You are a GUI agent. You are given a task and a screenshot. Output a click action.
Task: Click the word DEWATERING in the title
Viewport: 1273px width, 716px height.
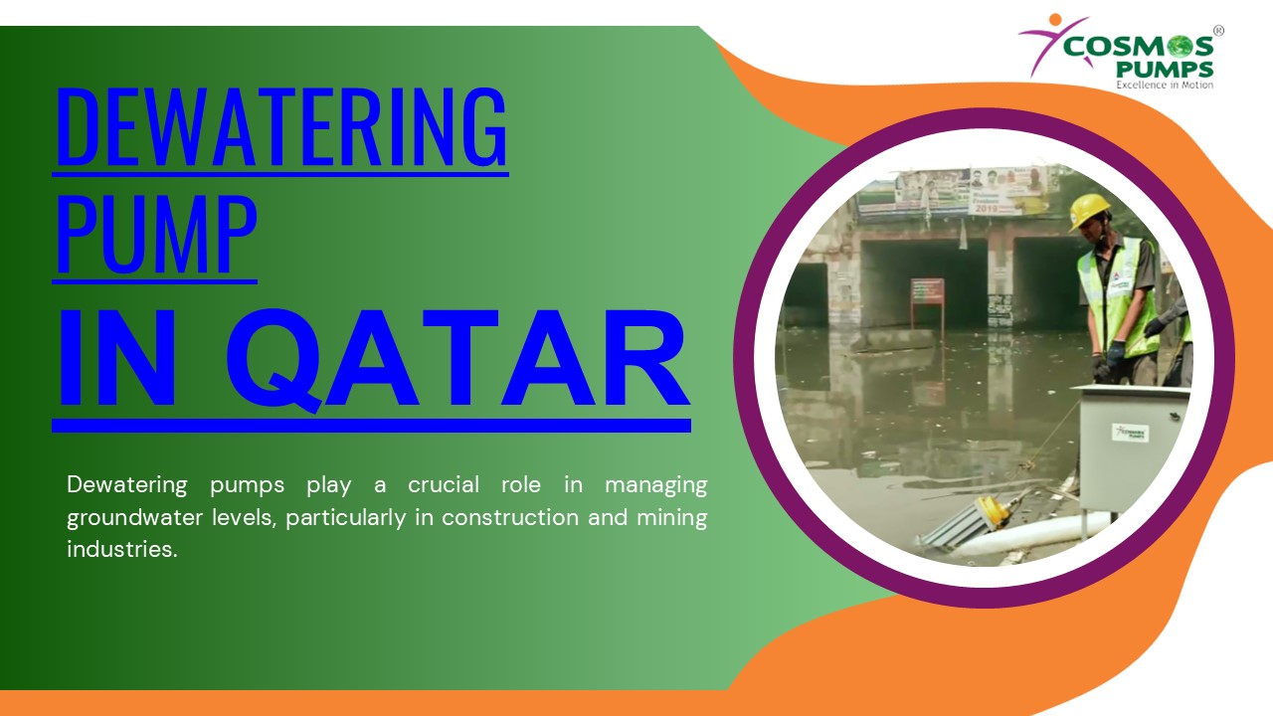pyautogui.click(x=280, y=127)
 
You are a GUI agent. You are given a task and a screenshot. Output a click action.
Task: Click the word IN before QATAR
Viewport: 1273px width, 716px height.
pyautogui.click(x=117, y=360)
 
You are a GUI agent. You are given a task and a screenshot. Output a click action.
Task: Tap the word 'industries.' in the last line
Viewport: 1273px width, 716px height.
pyautogui.click(x=121, y=549)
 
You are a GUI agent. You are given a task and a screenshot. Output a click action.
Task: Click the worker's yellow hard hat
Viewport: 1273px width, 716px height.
pyautogui.click(x=1090, y=210)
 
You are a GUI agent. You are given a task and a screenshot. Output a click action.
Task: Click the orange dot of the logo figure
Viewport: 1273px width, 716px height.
pyautogui.click(x=1054, y=19)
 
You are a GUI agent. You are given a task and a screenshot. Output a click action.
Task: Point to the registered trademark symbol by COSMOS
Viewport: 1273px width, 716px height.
pyautogui.click(x=1218, y=31)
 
